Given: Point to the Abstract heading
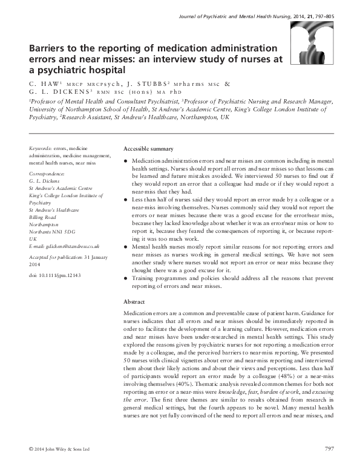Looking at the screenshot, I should [x=134, y=301].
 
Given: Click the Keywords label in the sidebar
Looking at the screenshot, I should [x=40, y=148].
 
